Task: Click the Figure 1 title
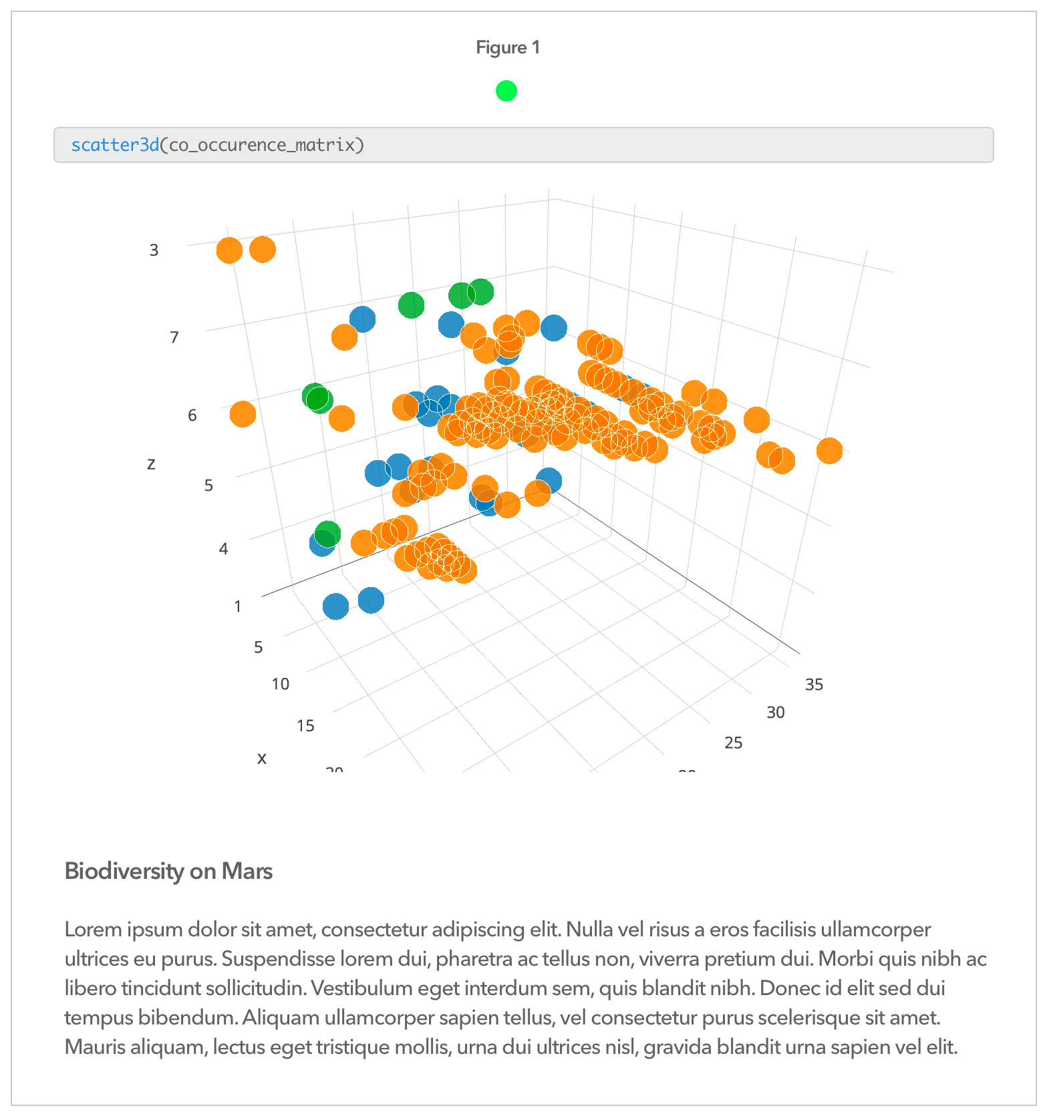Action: click(507, 47)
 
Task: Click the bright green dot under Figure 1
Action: click(506, 90)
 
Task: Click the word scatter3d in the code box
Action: click(115, 145)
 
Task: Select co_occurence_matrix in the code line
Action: click(262, 145)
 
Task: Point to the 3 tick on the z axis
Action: click(154, 250)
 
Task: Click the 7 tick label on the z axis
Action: click(174, 337)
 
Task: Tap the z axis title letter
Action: click(151, 463)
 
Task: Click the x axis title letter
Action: click(262, 758)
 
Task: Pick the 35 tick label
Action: click(814, 685)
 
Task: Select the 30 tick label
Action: click(775, 713)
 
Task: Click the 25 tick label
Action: click(733, 743)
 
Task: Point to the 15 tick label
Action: click(305, 726)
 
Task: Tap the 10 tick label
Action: click(281, 684)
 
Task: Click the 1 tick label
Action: click(237, 606)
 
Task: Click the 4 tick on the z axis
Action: click(223, 549)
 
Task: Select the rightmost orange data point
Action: click(829, 451)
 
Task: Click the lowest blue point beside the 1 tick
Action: click(335, 606)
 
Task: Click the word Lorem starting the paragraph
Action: click(90, 930)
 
